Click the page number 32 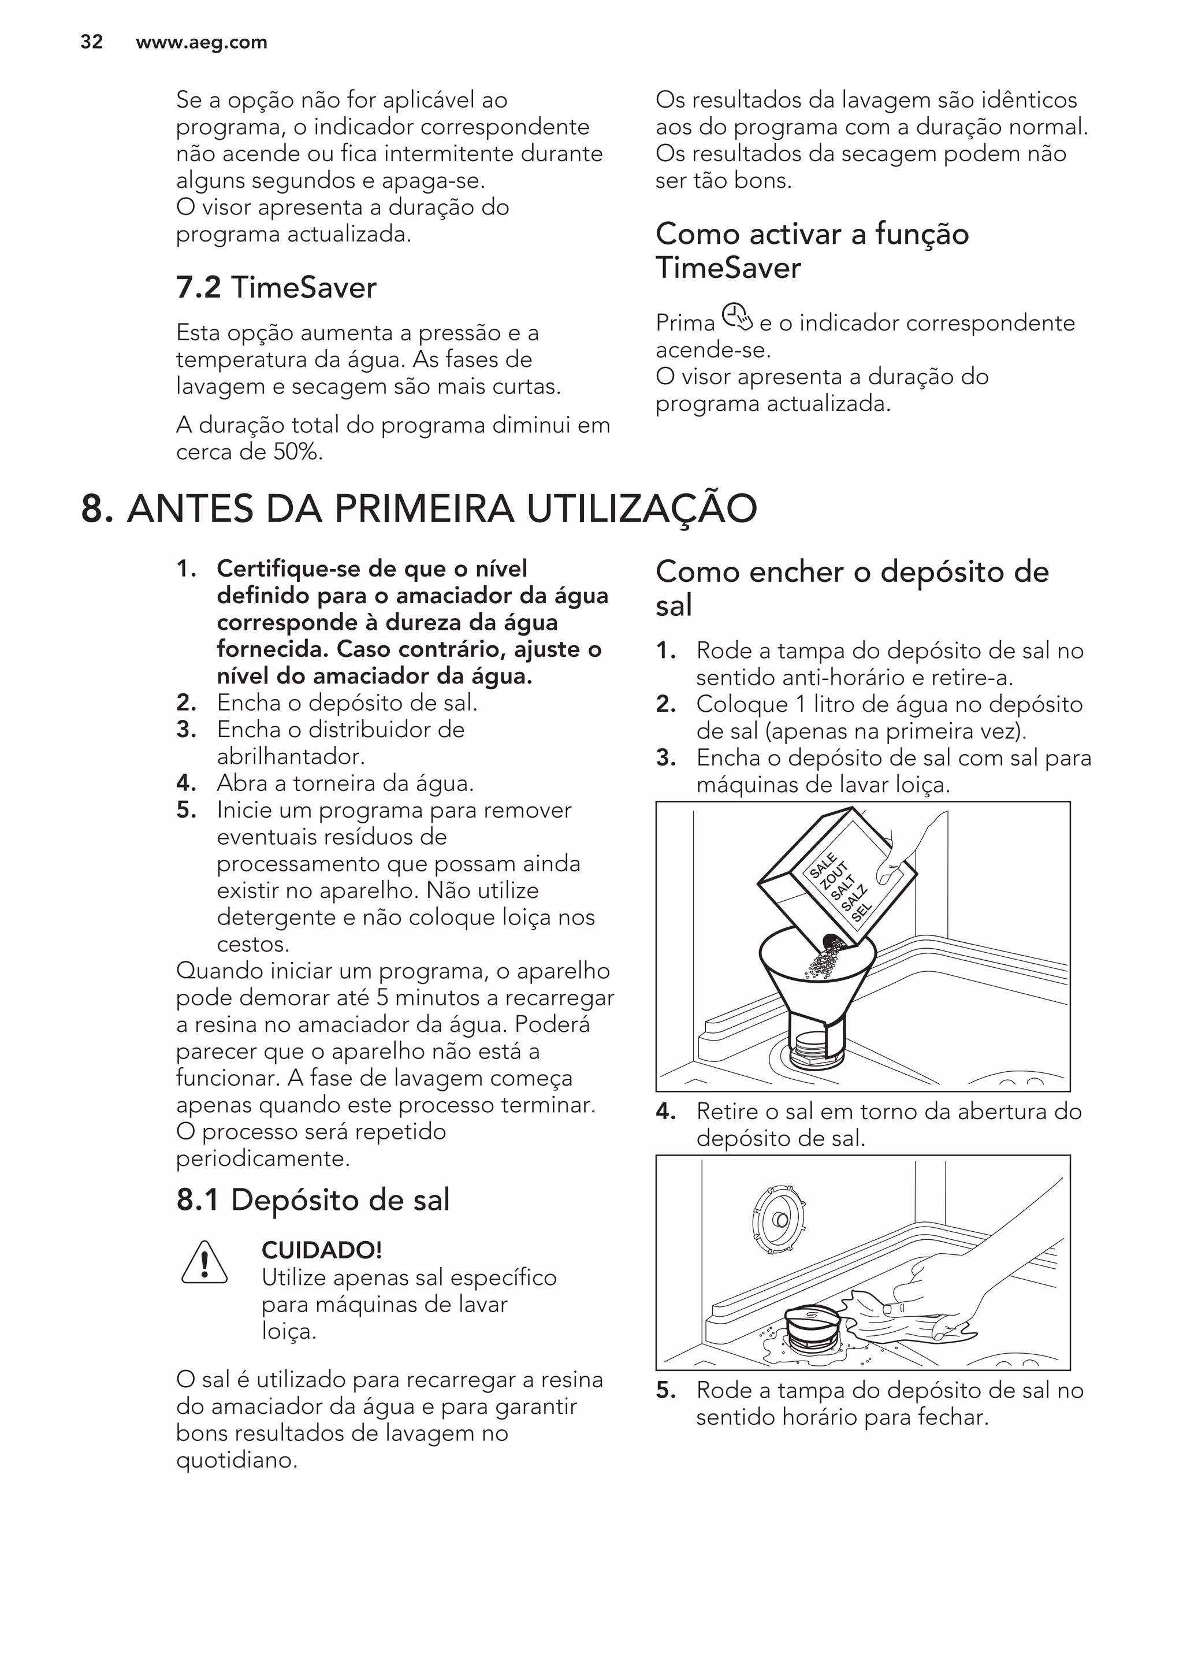pyautogui.click(x=91, y=42)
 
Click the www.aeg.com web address pyautogui.click(x=201, y=42)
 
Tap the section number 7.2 pyautogui.click(x=198, y=287)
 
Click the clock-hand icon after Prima pyautogui.click(x=737, y=318)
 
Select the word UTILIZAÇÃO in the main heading pyautogui.click(x=642, y=509)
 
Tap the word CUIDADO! pyautogui.click(x=322, y=1250)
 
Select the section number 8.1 pyautogui.click(x=198, y=1200)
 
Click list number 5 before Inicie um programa pyautogui.click(x=186, y=810)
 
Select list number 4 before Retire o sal pyautogui.click(x=665, y=1112)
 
